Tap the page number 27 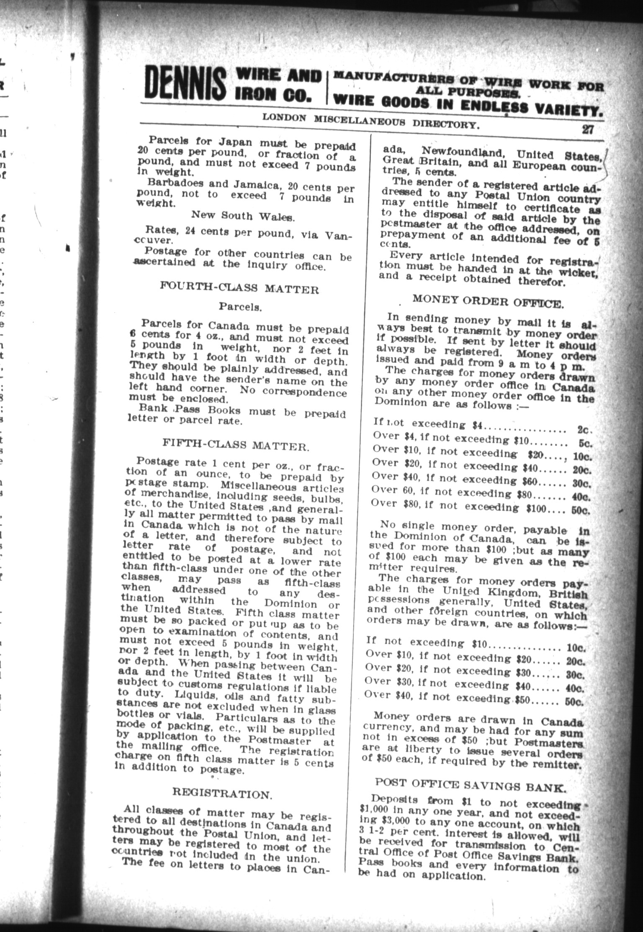pyautogui.click(x=587, y=129)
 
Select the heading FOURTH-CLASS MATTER pyautogui.click(x=239, y=289)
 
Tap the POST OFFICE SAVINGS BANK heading pyautogui.click(x=471, y=785)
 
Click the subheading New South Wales pyautogui.click(x=243, y=216)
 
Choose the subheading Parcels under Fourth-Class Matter pyautogui.click(x=240, y=307)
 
